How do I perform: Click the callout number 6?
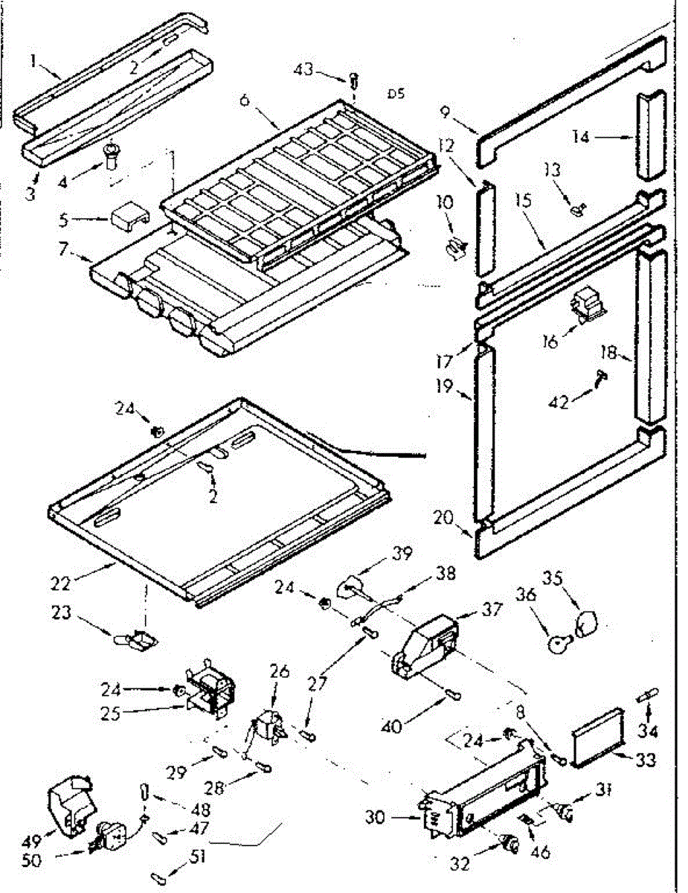tap(244, 99)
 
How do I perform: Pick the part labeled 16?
tap(587, 305)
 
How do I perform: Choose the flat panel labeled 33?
tap(599, 737)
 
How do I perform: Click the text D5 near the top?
tap(396, 94)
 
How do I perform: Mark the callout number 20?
tap(446, 518)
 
